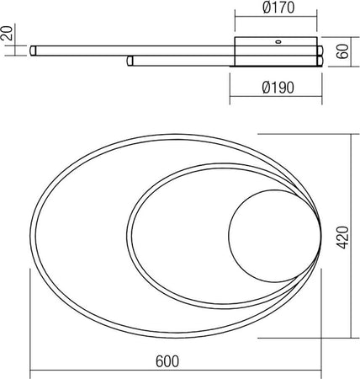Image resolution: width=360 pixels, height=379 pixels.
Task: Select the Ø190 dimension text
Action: [277, 85]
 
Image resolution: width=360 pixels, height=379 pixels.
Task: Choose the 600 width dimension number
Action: [167, 361]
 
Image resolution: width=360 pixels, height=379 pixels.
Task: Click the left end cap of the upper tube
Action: [33, 51]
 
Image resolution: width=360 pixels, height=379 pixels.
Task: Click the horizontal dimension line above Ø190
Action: [275, 73]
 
